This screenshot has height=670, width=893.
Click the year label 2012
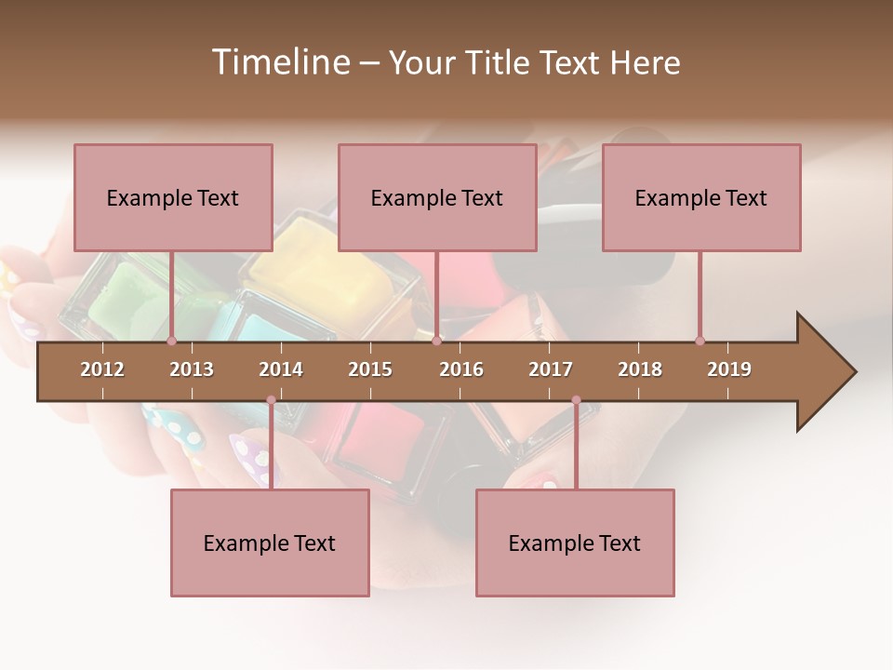(102, 369)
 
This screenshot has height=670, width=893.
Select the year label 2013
(192, 369)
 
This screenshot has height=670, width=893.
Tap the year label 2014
(281, 369)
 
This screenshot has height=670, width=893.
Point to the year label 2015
(370, 369)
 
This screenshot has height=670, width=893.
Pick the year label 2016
(461, 369)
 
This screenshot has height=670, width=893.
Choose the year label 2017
(551, 369)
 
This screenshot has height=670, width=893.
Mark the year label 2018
(640, 369)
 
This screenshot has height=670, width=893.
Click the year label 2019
(729, 369)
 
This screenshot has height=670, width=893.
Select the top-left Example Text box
(173, 197)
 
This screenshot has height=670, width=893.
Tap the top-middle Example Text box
(437, 197)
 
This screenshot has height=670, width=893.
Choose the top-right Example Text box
(701, 197)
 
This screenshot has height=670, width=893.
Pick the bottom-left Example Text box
(270, 543)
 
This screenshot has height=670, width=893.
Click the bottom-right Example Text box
(575, 543)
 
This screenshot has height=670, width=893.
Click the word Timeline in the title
(279, 62)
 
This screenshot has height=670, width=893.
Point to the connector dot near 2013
(171, 341)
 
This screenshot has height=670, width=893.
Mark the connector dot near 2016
(436, 341)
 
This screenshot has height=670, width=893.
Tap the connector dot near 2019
(700, 341)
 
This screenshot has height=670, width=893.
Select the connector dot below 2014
(271, 400)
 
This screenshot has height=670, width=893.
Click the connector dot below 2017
(576, 400)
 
